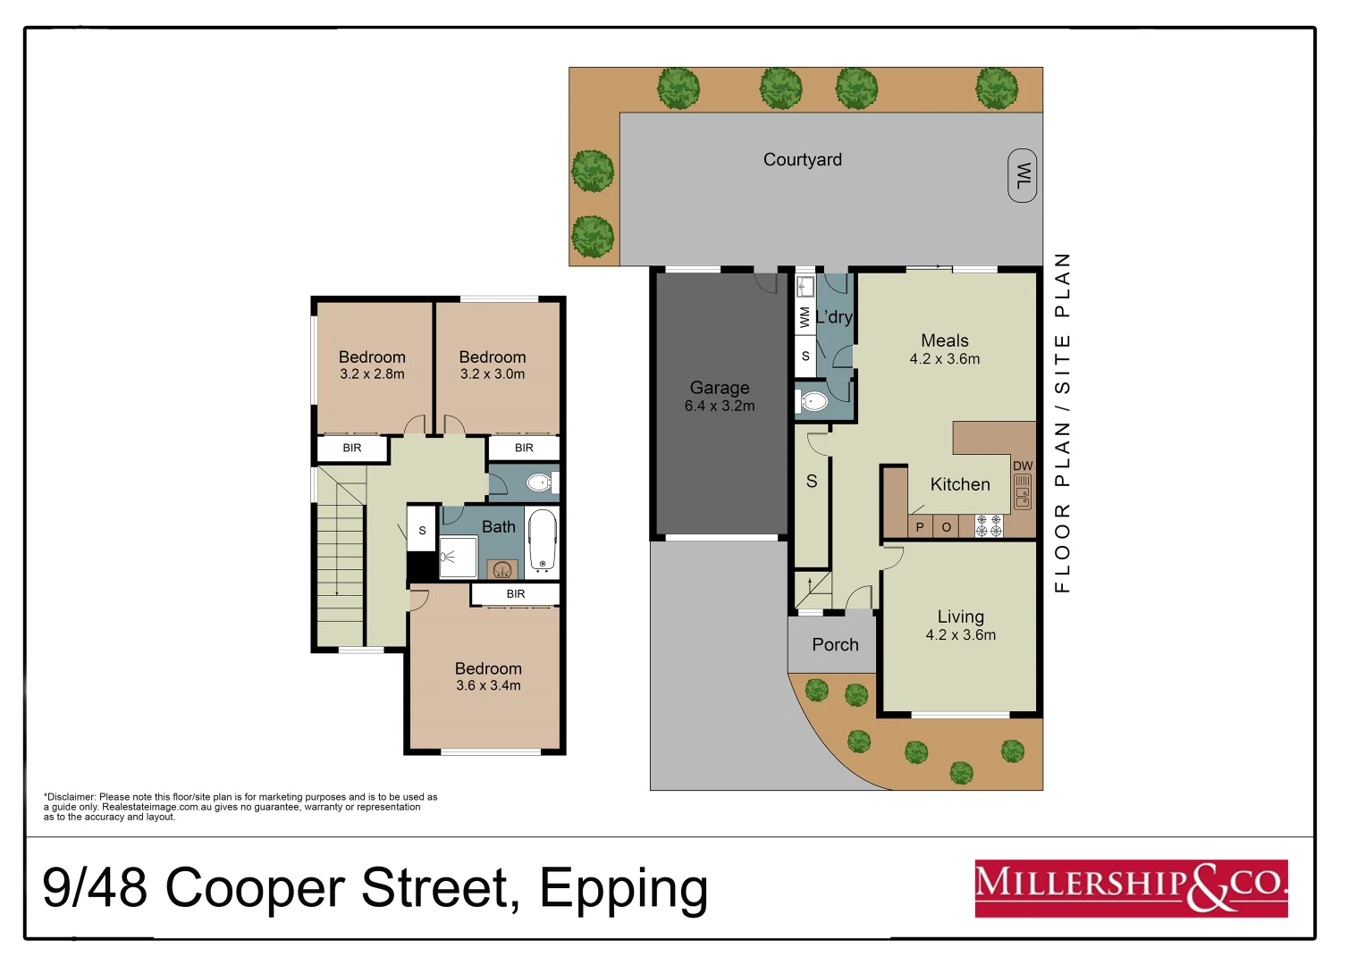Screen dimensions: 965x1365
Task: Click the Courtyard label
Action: [802, 160]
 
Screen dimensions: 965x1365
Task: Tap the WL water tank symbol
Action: [1022, 175]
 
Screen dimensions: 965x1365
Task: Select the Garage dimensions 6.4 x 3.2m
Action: [720, 407]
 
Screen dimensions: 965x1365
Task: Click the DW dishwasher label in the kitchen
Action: [1023, 466]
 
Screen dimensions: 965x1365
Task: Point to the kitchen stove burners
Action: [989, 525]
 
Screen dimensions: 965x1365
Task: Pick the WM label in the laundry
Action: [805, 317]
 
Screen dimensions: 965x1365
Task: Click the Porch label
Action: [835, 645]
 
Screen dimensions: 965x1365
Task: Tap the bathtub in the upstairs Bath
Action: [543, 540]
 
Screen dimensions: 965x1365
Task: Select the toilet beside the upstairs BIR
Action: [539, 483]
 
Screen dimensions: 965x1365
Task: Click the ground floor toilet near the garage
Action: [813, 401]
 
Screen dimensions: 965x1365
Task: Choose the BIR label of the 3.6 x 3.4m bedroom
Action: [516, 594]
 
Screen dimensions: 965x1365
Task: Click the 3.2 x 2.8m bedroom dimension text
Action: [372, 374]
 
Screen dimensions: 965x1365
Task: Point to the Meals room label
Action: [945, 340]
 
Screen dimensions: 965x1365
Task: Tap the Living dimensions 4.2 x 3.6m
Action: [961, 635]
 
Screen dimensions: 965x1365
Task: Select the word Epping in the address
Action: [623, 889]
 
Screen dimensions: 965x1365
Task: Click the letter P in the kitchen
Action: [919, 527]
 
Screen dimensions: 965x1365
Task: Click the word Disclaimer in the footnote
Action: [71, 797]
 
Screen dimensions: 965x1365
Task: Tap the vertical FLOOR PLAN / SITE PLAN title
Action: [1062, 423]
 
